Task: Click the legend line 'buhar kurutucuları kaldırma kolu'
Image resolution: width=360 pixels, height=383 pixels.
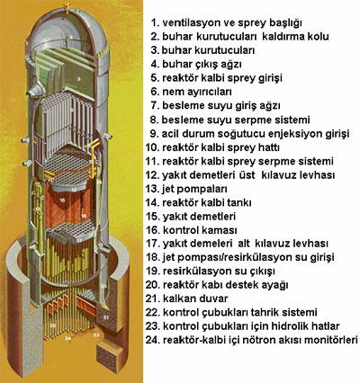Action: [239, 36]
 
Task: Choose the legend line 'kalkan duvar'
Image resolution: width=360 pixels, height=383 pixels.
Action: [187, 298]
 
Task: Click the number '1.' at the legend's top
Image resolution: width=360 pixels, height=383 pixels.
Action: [155, 22]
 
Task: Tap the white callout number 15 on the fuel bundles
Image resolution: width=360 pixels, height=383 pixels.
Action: [62, 200]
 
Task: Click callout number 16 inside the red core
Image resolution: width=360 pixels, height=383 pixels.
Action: [84, 216]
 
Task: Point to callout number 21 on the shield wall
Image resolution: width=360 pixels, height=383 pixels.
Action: [106, 316]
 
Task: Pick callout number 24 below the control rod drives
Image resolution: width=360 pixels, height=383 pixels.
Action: [68, 338]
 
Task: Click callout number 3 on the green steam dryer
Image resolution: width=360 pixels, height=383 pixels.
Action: [78, 79]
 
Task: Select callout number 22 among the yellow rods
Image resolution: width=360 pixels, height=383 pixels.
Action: [52, 325]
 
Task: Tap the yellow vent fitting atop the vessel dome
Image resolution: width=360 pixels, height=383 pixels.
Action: [68, 6]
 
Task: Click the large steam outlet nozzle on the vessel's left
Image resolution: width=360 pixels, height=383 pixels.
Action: [34, 90]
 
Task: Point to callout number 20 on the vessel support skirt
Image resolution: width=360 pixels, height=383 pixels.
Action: [103, 286]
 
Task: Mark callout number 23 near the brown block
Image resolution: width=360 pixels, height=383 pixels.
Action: [96, 334]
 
